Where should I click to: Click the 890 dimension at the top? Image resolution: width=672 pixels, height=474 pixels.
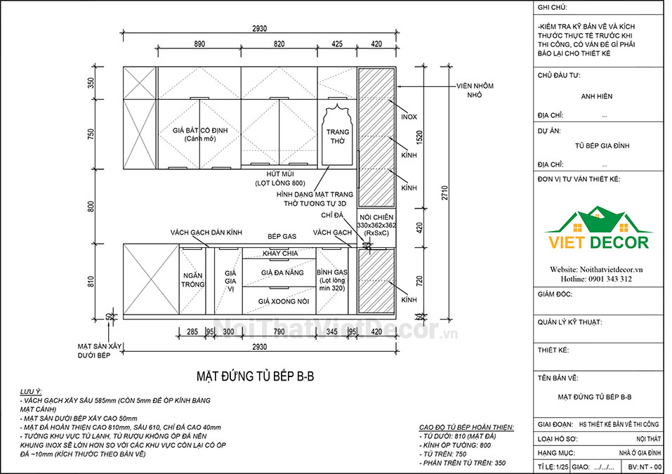(199, 44)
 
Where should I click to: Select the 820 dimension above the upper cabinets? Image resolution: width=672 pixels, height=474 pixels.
(279, 44)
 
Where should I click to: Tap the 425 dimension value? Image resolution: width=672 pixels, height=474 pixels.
(337, 44)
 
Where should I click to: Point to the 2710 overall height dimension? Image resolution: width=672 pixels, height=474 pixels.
(444, 193)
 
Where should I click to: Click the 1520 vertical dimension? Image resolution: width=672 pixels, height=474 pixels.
(420, 137)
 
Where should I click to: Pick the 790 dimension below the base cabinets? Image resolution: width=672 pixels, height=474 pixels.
(279, 331)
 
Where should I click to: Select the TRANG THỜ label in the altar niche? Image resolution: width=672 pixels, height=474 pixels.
(338, 136)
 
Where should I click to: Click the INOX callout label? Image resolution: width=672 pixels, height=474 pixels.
(409, 117)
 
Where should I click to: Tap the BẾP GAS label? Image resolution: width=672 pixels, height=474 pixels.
(282, 236)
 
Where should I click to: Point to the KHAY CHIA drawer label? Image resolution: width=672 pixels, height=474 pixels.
(280, 254)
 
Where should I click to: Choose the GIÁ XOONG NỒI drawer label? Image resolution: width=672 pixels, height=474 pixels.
(283, 301)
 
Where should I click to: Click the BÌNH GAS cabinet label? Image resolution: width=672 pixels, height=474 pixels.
(332, 272)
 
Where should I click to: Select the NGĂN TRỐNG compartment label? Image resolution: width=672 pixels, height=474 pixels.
(192, 280)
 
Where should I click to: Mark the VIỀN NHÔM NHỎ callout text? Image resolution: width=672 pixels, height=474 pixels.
(475, 90)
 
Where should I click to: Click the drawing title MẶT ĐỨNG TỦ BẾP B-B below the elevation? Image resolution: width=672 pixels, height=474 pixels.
(256, 376)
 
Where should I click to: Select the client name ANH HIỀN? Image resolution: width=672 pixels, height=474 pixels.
(597, 96)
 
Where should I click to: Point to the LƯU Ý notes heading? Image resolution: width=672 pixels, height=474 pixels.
(31, 392)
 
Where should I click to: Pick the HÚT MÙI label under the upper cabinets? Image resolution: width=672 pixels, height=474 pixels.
(280, 174)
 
